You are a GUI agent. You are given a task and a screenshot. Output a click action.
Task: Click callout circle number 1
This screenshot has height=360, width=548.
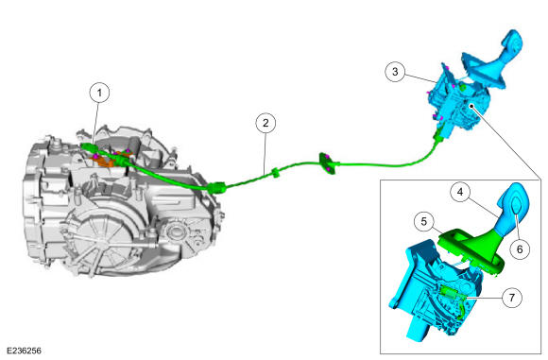(99, 93)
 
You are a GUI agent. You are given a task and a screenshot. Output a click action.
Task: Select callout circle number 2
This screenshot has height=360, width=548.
(265, 123)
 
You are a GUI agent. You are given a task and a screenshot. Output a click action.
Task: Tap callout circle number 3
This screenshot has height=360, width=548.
(395, 72)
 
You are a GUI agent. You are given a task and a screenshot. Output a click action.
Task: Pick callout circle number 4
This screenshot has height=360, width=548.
(460, 192)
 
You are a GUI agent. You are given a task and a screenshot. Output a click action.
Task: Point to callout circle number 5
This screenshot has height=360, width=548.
(424, 222)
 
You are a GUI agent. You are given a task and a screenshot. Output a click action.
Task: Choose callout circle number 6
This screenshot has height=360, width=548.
(520, 249)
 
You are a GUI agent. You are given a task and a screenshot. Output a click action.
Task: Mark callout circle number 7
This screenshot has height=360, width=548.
(512, 298)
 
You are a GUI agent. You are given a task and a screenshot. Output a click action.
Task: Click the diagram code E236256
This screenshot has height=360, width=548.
(24, 351)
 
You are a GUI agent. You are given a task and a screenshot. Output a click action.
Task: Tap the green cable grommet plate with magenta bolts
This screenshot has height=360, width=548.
(328, 163)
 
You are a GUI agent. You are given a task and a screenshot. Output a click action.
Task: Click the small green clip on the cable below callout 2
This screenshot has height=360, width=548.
(275, 173)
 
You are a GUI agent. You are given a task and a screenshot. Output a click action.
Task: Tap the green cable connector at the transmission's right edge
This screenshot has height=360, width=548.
(216, 188)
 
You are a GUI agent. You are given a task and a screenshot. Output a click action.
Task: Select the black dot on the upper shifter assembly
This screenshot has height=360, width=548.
(471, 105)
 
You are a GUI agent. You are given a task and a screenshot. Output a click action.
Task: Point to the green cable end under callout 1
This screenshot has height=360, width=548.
(88, 146)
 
